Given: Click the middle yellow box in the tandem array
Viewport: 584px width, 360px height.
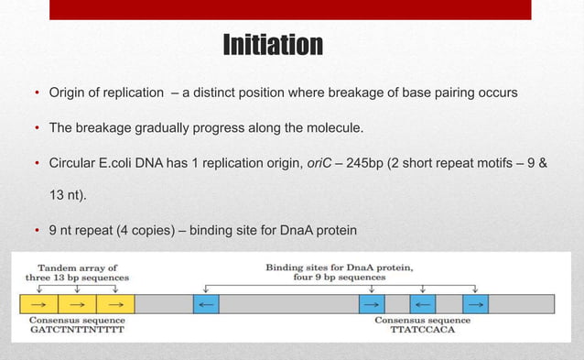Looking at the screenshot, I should pos(78,304).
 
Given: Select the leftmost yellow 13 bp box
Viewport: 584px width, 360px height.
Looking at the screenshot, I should pos(38,304).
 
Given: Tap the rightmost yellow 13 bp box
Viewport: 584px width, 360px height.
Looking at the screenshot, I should pos(116,304).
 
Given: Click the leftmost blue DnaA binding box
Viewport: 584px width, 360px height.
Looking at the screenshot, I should pos(206,304).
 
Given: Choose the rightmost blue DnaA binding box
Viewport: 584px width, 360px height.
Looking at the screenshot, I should pos(475,304).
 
